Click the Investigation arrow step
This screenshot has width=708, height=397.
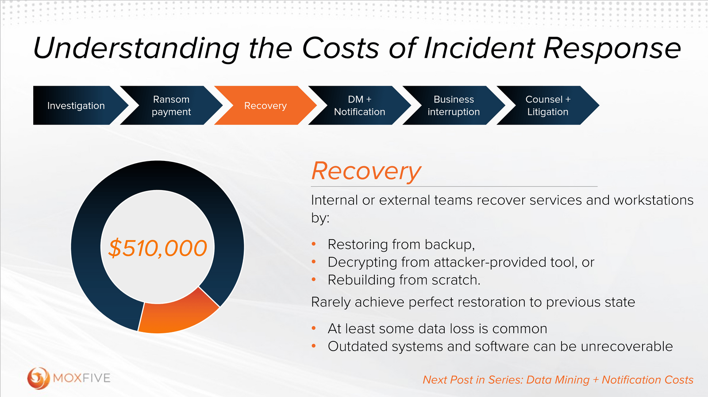pyautogui.click(x=76, y=106)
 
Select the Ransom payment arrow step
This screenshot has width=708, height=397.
pyautogui.click(x=171, y=106)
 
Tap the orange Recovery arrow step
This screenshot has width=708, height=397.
pyautogui.click(x=265, y=106)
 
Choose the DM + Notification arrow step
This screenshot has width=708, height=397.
pyautogui.click(x=359, y=106)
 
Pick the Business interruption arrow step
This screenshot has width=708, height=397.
pyautogui.click(x=454, y=106)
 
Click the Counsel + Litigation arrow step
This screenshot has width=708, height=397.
pyautogui.click(x=548, y=106)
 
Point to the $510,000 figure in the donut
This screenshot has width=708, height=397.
pyautogui.click(x=158, y=248)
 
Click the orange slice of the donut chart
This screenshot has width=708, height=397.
pyautogui.click(x=177, y=315)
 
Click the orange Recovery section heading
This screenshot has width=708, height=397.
pyautogui.click(x=366, y=171)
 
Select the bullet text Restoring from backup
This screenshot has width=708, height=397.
pyautogui.click(x=401, y=244)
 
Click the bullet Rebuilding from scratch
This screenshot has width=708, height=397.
pyautogui.click(x=404, y=280)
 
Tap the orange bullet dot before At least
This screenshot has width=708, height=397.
pyautogui.click(x=314, y=328)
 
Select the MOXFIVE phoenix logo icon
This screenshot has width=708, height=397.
pyautogui.click(x=38, y=378)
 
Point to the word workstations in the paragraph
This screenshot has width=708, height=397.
pyautogui.click(x=654, y=200)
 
